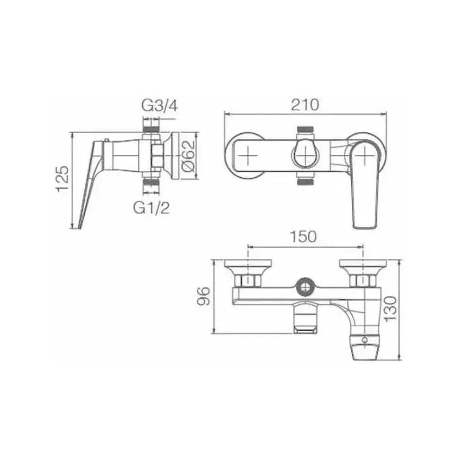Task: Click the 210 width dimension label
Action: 305,105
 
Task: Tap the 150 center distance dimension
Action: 303,237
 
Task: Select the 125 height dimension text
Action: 62,179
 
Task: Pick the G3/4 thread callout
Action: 159,106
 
